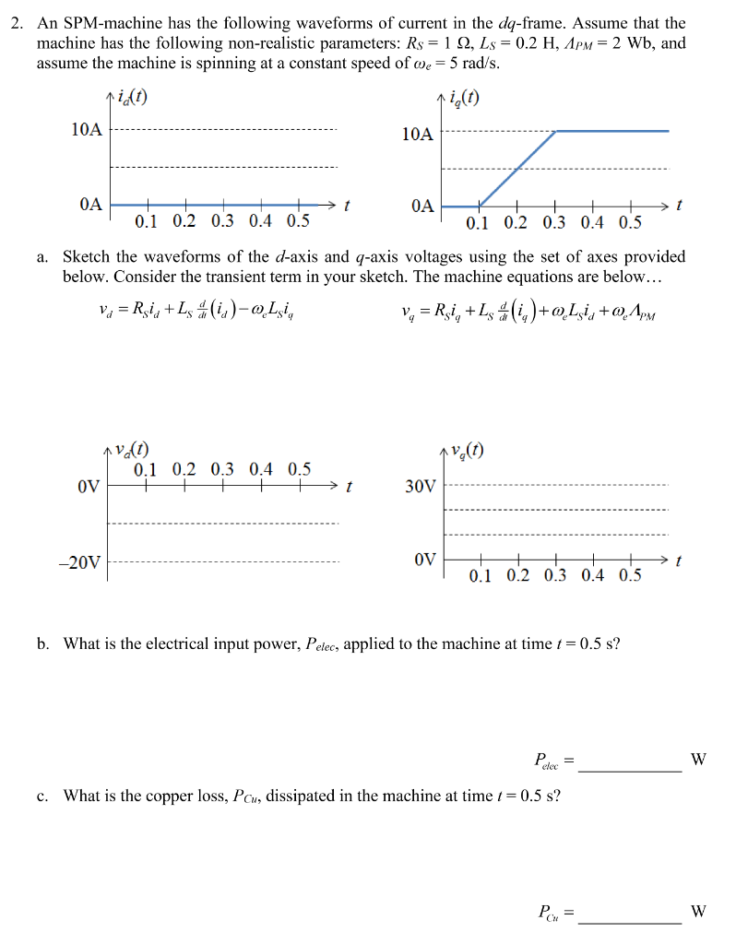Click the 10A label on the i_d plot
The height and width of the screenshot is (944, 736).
87,130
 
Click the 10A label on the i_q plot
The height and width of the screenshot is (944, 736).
417,135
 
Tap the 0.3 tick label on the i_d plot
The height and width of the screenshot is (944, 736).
222,221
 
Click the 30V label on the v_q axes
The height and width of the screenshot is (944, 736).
420,486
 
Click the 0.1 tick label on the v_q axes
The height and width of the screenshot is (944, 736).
481,577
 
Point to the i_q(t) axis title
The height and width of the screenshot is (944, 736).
464,100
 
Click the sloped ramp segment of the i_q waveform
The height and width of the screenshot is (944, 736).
516,167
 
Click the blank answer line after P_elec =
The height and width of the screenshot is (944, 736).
631,768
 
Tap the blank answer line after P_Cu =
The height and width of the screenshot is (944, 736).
631,920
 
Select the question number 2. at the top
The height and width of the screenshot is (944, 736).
18,23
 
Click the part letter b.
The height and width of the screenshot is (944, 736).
43,643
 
